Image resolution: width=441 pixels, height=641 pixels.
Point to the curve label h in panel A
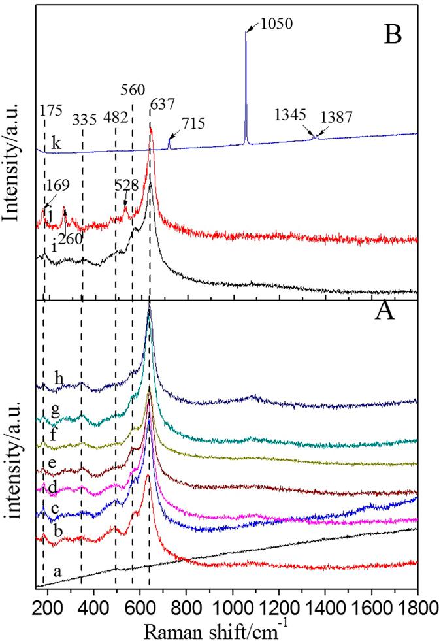click(59, 378)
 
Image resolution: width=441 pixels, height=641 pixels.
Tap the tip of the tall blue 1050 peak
click(246, 32)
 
